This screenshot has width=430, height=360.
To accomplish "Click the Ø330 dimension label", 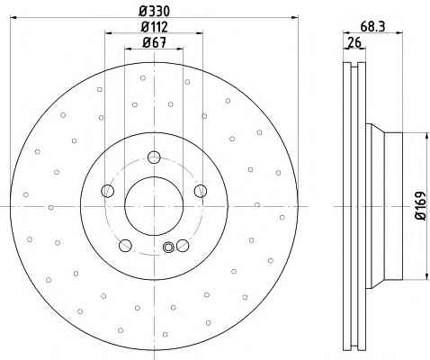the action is click(x=155, y=11).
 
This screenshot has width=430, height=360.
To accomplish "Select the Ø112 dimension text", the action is click(x=155, y=27).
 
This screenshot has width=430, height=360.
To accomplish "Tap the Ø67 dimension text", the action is click(x=154, y=42).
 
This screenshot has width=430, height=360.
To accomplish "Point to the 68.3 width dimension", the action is click(x=372, y=27).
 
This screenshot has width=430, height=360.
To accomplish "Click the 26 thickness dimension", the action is click(x=354, y=42).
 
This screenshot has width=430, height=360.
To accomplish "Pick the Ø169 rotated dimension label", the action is click(x=421, y=206).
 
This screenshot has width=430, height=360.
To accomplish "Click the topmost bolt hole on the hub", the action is click(x=154, y=157).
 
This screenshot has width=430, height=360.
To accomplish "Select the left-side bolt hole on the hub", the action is click(x=108, y=191).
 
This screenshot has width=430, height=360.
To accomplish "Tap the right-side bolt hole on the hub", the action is click(x=201, y=191).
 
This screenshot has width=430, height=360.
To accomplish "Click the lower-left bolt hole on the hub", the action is click(x=125, y=246).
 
